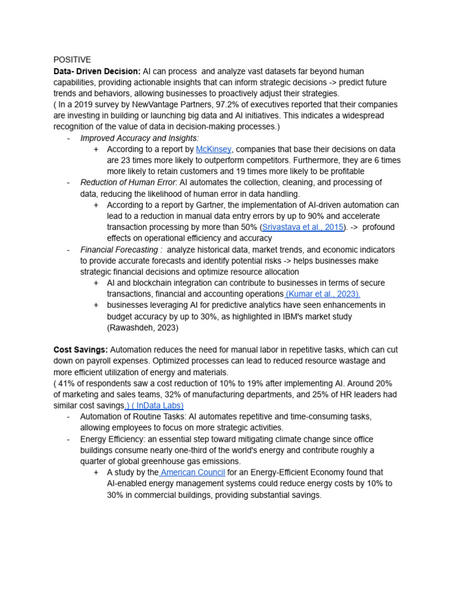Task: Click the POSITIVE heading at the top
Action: click(x=72, y=60)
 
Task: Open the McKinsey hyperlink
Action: click(x=213, y=149)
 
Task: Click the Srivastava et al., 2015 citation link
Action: click(x=303, y=227)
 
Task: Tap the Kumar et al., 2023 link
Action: click(x=323, y=294)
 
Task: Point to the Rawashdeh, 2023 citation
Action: click(x=143, y=328)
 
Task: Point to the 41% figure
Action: click(x=66, y=384)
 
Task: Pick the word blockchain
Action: click(x=158, y=283)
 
